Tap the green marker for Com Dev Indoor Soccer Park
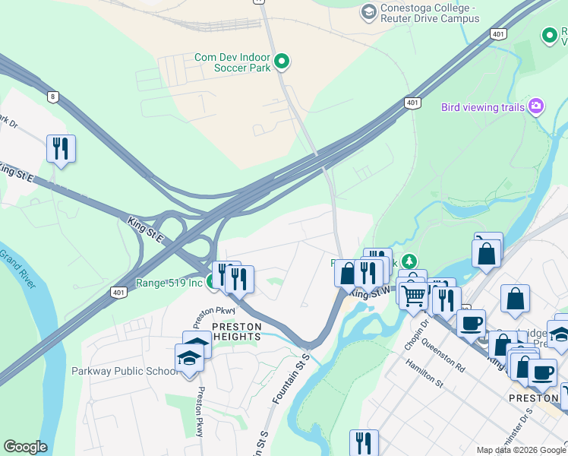point(282,61)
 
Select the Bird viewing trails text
point(482,107)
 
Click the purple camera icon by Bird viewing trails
point(537,106)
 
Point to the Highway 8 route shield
point(52,97)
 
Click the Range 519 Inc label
point(169,283)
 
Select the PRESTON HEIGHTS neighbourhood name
point(236,332)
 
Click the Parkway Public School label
point(123,372)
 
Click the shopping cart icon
point(413,293)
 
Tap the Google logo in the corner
point(25,447)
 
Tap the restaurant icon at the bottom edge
point(364,442)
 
